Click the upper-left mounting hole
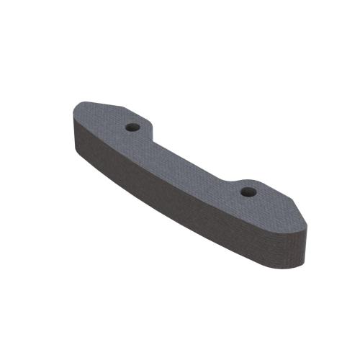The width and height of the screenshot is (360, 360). tap(132, 127)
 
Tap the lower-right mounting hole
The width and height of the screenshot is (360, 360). tap(248, 192)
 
